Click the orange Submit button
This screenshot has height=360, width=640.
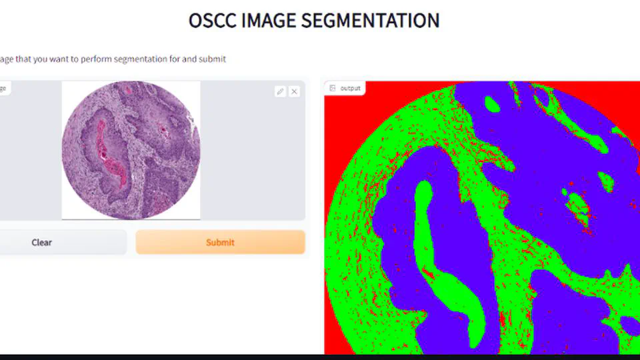(x=220, y=243)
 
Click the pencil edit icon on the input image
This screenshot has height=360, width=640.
(x=280, y=91)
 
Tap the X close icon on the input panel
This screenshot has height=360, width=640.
(x=294, y=91)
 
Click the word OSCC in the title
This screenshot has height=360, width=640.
(x=213, y=21)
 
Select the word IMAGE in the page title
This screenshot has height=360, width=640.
(x=269, y=21)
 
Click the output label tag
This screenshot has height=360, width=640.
(x=345, y=88)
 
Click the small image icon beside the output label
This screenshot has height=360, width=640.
(x=333, y=88)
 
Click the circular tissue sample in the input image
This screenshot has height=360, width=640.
(x=131, y=150)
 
